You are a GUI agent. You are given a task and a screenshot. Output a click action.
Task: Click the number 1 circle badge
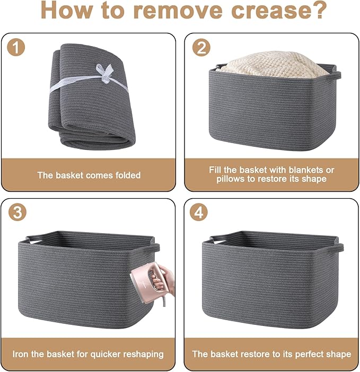(x=16, y=48)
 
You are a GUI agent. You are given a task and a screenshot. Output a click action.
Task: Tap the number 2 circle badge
(x=201, y=48)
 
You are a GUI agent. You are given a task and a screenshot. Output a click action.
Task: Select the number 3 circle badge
(x=17, y=212)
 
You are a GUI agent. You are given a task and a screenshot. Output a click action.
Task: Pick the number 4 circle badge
(x=199, y=212)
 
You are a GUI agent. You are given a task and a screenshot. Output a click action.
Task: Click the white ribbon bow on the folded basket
(x=105, y=73)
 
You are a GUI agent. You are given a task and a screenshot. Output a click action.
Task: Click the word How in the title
(x=66, y=10)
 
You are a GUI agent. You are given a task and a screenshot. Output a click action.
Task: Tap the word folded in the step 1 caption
(x=128, y=175)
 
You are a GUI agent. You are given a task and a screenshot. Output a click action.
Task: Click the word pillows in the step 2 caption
(x=231, y=179)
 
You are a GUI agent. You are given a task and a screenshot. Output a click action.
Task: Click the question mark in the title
(x=320, y=10)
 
